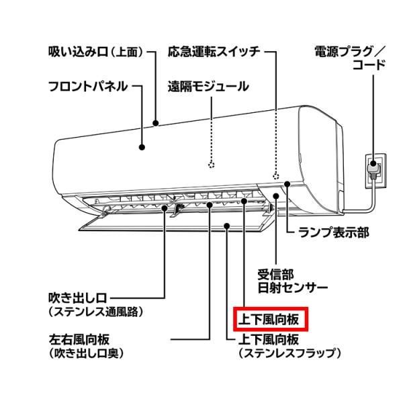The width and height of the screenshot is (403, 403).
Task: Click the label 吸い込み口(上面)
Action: click(96, 52)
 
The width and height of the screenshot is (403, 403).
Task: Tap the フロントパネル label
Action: click(88, 86)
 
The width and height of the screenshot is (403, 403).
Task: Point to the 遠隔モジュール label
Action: click(208, 86)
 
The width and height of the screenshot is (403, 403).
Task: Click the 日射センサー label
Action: click(293, 287)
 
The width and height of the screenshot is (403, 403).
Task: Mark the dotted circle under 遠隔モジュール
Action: click(212, 164)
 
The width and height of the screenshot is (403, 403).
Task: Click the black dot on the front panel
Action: click(142, 146)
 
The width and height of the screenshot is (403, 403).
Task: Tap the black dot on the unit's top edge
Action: click(155, 124)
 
